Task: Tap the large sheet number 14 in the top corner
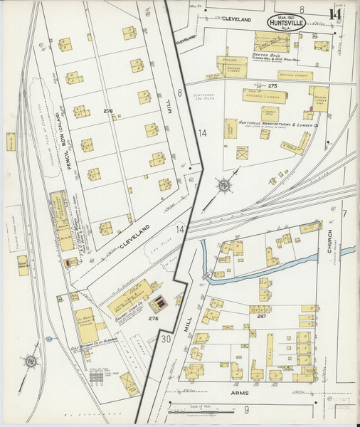tap(334, 14)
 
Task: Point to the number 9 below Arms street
tap(246, 409)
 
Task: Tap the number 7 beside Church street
tap(344, 213)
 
